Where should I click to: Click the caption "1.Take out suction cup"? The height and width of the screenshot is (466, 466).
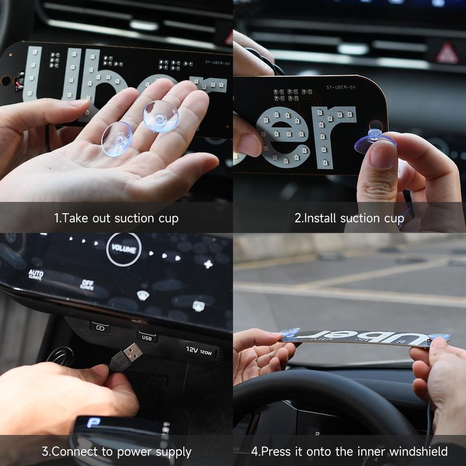(116, 218)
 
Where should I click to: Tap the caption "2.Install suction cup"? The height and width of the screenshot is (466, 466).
(349, 218)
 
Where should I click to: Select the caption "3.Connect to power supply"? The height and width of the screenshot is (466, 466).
(116, 451)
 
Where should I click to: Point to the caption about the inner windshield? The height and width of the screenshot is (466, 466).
(349, 451)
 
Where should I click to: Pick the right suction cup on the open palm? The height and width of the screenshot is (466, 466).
(160, 115)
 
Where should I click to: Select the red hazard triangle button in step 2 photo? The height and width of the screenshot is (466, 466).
(447, 53)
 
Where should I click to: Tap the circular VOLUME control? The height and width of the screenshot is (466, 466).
(123, 249)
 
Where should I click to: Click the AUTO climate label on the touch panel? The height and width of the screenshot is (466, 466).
(36, 273)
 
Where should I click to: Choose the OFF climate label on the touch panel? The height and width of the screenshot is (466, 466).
(87, 285)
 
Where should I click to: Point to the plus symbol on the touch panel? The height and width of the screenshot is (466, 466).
(208, 264)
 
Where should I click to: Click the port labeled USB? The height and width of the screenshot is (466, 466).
(146, 336)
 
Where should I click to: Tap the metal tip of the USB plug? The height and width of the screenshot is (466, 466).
(133, 352)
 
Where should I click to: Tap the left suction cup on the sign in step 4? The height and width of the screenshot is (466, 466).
(290, 333)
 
